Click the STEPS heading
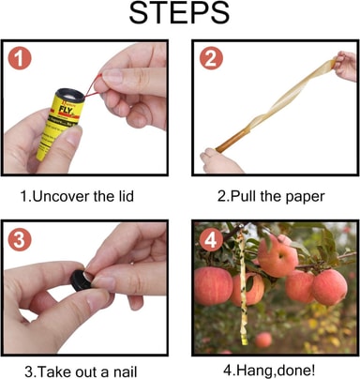click(x=179, y=13)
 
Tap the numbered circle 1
click(x=20, y=58)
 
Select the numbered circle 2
click(x=211, y=58)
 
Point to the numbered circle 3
click(x=20, y=240)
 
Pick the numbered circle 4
click(x=211, y=240)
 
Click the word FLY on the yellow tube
click(x=67, y=110)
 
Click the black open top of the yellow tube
click(x=69, y=95)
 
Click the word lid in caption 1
click(x=127, y=197)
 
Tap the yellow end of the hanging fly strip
click(x=245, y=340)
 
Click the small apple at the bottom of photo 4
click(x=263, y=340)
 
